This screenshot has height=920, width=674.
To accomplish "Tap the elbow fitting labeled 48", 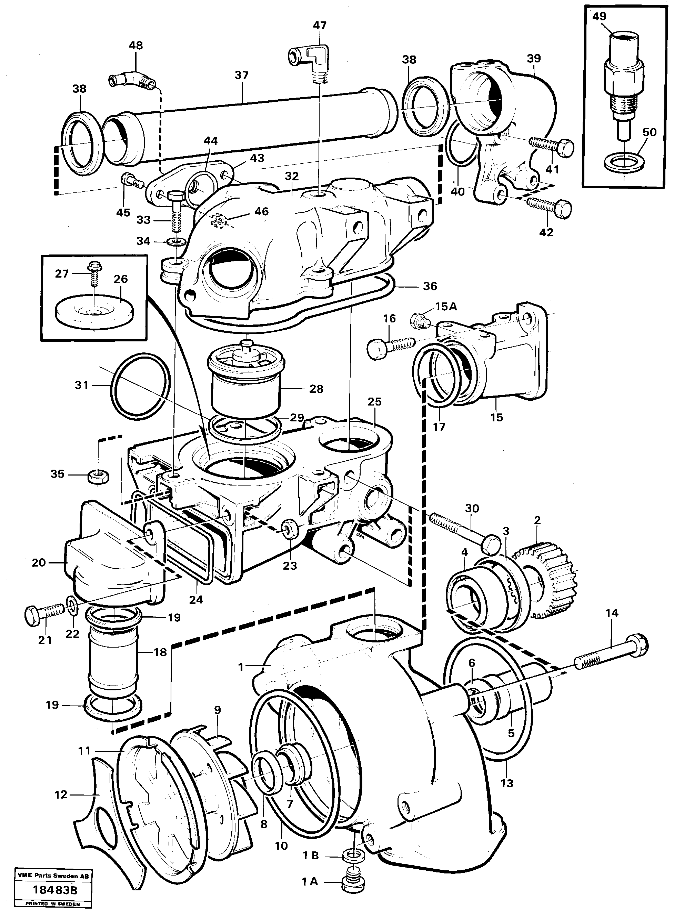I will tap(133, 80).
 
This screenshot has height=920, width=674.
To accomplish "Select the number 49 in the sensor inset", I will tap(599, 17).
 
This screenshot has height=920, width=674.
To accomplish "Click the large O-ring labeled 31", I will tap(140, 386).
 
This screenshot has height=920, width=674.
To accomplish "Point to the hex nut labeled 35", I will tap(98, 476).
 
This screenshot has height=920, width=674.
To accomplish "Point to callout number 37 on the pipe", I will tap(242, 76).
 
